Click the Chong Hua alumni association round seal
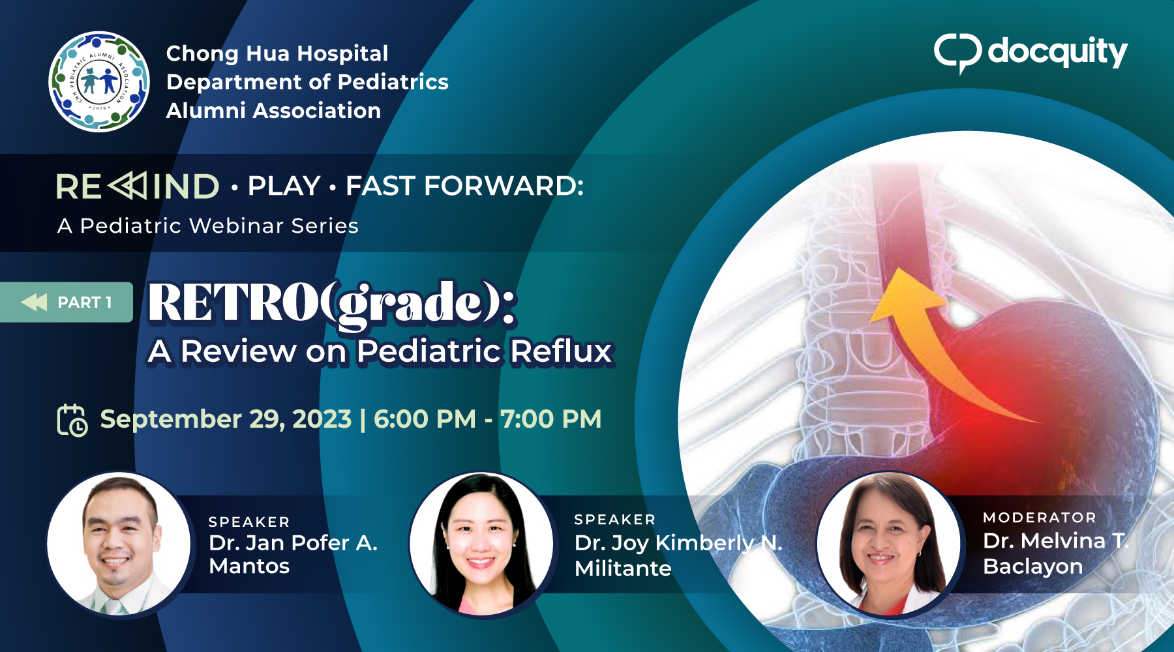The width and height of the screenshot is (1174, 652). (x=99, y=81)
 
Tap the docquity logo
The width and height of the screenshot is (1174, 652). (x=1031, y=52)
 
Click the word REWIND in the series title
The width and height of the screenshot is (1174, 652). (x=138, y=186)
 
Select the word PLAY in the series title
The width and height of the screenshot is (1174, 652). (x=284, y=186)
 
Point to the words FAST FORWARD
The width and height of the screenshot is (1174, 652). (x=464, y=186)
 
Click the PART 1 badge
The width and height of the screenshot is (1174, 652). (x=67, y=302)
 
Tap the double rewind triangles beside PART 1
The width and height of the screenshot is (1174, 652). (x=34, y=302)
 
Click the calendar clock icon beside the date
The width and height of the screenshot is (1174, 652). (x=72, y=420)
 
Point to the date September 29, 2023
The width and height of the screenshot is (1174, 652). (x=226, y=419)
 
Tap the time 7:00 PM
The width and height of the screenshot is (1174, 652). (x=551, y=419)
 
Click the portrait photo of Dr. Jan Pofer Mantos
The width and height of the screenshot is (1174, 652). (x=119, y=544)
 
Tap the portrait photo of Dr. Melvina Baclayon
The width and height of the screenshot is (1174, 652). (x=888, y=544)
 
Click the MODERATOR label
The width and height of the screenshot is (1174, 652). (x=1040, y=518)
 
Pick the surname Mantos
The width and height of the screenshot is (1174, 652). (x=249, y=566)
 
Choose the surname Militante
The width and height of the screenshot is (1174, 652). (x=623, y=569)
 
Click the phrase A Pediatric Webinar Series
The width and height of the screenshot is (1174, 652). (x=208, y=226)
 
